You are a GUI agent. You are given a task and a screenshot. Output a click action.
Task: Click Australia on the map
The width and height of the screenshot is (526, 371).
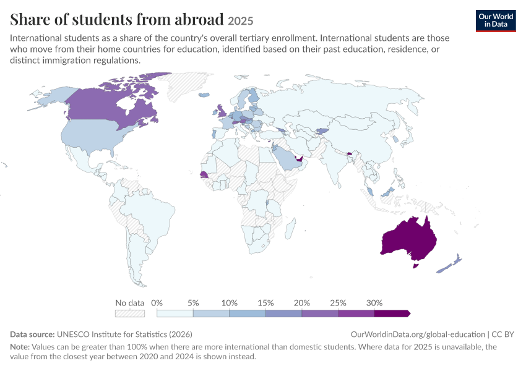click(409, 240)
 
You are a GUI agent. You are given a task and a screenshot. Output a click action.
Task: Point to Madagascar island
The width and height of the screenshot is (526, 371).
click(291, 229)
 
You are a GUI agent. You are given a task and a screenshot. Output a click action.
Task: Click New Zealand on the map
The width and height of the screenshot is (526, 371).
click(449, 265)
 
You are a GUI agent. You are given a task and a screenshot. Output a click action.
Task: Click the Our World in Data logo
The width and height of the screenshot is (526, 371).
click(496, 21)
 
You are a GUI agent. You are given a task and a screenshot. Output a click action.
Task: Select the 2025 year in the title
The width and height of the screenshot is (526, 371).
click(240, 21)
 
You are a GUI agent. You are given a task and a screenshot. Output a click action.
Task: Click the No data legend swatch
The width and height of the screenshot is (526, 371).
click(130, 313)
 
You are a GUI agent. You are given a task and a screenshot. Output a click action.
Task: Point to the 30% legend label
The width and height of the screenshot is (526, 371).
click(374, 303)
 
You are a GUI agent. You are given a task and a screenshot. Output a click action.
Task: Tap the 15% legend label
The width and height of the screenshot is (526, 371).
click(265, 303)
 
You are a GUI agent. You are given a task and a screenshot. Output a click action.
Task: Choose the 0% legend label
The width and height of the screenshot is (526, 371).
click(157, 303)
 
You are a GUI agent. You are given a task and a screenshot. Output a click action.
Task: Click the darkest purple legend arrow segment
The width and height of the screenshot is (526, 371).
click(392, 313)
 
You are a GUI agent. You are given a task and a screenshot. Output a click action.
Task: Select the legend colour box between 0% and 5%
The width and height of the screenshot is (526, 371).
click(175, 313)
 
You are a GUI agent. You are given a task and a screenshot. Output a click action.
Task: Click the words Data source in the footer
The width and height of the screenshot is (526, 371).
click(32, 335)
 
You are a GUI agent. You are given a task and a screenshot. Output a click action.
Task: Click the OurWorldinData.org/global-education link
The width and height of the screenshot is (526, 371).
click(418, 335)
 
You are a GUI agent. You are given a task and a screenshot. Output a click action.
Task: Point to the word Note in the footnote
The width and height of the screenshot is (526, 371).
click(19, 346)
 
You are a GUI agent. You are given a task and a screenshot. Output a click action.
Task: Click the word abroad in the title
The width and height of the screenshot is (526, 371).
click(199, 19)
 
